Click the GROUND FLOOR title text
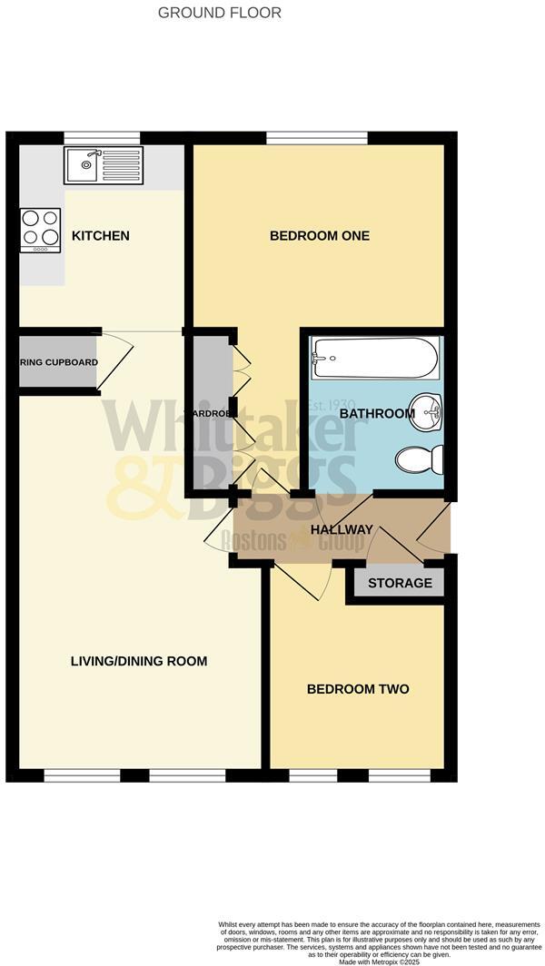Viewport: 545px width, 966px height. (220, 13)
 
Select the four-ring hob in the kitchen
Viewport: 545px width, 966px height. (40, 230)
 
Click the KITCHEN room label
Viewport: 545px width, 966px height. (101, 236)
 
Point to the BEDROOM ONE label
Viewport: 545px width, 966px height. (320, 236)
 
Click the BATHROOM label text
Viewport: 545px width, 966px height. (377, 414)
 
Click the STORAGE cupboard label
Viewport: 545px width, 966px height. (400, 583)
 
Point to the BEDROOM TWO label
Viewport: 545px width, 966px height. (358, 689)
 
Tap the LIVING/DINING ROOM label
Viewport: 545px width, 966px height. (139, 661)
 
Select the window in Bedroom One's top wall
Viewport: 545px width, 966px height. (316, 138)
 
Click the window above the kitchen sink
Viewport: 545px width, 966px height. (102, 138)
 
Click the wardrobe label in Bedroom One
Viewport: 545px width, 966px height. (212, 414)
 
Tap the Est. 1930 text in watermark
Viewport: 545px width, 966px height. (332, 405)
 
